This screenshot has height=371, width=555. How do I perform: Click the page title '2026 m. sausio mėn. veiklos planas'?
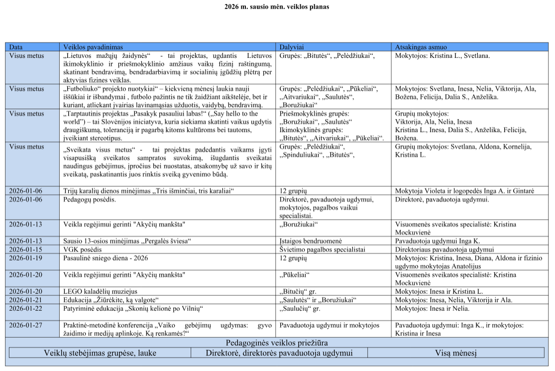point(277,7)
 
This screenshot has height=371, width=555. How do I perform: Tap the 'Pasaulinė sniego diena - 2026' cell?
point(106,258)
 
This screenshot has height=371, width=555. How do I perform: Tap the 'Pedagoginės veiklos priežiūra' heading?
point(277,343)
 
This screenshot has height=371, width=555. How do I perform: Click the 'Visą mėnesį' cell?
point(454,353)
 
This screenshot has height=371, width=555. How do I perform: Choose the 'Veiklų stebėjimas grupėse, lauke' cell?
point(100,353)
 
